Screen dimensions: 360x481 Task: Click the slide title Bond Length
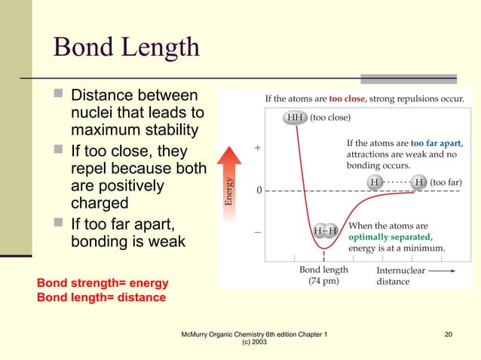(x=126, y=47)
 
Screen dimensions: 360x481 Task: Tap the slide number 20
(x=449, y=334)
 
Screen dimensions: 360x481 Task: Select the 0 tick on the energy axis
(x=259, y=190)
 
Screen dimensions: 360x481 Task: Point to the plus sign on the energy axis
(x=259, y=148)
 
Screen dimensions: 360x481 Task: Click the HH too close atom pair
(x=294, y=117)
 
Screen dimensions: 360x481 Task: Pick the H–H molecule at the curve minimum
(x=326, y=230)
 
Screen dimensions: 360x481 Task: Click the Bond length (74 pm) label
(x=323, y=276)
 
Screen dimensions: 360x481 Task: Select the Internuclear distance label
(x=395, y=276)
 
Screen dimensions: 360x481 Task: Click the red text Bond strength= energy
(x=103, y=283)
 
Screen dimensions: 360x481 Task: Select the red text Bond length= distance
(x=101, y=297)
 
